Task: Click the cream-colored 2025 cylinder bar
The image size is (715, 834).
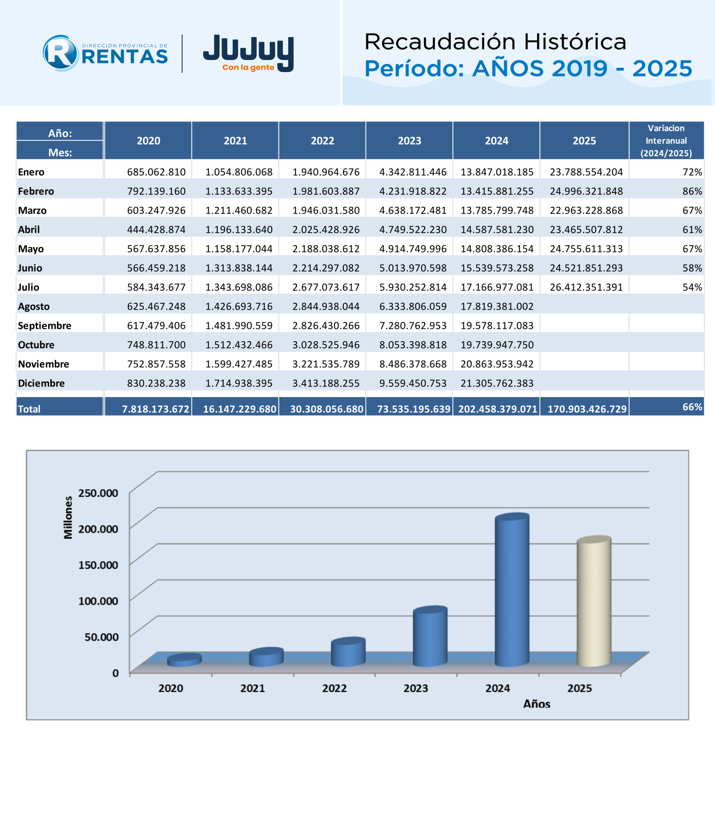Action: point(594,601)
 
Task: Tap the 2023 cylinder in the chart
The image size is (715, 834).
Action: point(430,636)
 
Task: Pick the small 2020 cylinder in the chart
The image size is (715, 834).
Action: point(184,660)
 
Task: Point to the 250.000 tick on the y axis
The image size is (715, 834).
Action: point(98,493)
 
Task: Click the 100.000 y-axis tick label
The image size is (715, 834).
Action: point(98,601)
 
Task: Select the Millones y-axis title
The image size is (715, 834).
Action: point(68,517)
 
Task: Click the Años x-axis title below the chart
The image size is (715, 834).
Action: point(537,704)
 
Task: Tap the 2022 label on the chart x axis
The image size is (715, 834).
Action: point(334,688)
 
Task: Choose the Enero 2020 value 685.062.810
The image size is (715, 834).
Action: point(157,172)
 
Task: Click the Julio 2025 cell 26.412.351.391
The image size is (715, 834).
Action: point(586,287)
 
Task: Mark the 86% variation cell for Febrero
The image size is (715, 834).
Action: point(692,192)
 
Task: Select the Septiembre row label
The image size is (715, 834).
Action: point(45,326)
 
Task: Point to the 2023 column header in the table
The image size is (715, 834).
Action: point(409,141)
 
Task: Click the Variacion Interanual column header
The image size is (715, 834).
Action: point(666,140)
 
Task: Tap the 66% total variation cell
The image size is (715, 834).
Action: point(692,407)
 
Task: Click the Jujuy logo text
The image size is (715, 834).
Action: point(249,53)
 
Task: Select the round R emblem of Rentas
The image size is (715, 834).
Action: point(60,53)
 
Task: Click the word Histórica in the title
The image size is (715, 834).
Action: point(575,42)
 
